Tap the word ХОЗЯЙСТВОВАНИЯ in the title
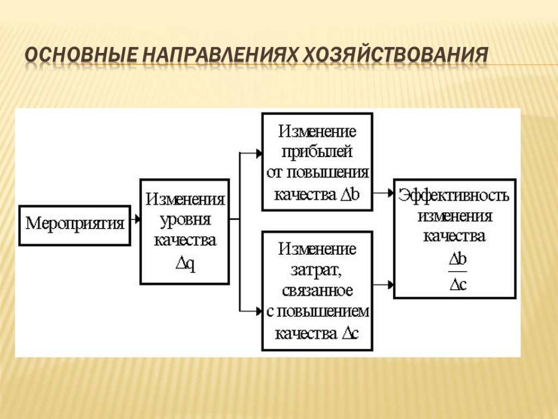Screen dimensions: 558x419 point(396,56)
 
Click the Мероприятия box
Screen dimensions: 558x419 point(75,224)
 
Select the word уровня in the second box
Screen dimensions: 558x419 point(185,220)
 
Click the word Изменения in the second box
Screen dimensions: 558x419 point(185,199)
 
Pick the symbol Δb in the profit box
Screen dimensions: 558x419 point(349,194)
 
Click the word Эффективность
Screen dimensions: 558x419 point(454,195)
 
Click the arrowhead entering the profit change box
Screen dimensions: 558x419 point(258,154)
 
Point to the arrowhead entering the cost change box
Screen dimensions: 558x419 point(258,312)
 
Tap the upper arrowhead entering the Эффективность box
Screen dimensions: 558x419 point(390,193)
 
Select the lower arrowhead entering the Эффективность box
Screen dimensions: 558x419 point(390,285)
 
